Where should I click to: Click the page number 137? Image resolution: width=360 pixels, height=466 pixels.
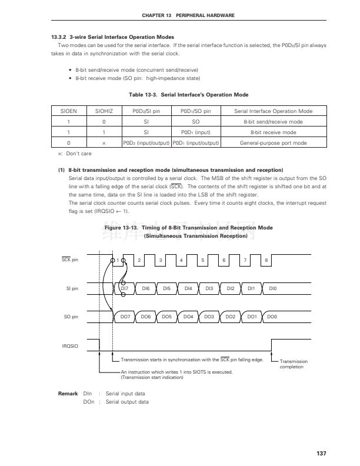321,453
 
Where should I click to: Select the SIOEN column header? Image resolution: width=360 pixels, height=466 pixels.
69,111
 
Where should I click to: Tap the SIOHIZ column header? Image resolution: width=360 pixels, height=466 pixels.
104,111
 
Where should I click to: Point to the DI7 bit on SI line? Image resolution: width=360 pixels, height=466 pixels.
124,288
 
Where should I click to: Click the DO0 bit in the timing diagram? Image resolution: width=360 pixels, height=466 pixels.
272,317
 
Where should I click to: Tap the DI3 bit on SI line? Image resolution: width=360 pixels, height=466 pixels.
209,288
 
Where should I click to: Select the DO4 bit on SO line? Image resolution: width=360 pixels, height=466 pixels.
188,317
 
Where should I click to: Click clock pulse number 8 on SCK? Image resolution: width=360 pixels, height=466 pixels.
266,259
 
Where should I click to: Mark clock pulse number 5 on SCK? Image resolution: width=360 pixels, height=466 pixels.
202,259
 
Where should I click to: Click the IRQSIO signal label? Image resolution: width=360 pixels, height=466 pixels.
70,346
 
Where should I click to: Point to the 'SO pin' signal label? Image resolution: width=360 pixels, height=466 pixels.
71,317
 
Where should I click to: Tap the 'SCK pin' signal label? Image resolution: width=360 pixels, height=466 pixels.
70,259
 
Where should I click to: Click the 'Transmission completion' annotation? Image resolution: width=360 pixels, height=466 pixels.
294,364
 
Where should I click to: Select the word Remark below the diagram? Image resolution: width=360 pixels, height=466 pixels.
68,393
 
